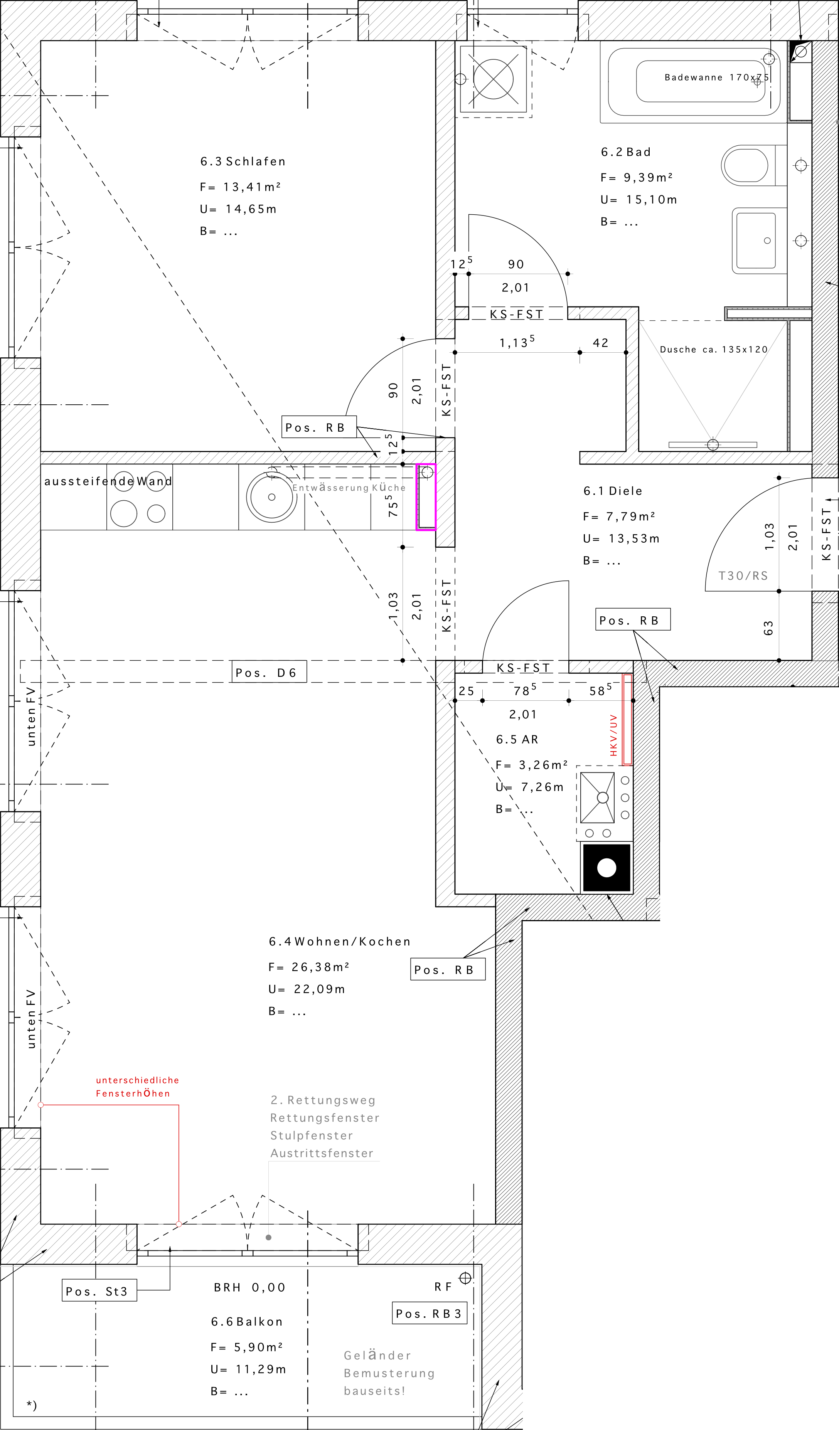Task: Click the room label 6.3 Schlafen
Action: (x=243, y=162)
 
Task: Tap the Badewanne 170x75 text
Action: (x=716, y=77)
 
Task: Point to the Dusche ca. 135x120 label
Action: (x=714, y=350)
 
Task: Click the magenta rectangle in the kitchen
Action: (x=426, y=496)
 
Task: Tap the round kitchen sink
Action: (x=271, y=497)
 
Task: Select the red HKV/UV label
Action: (x=613, y=735)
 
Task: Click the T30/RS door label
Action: (x=743, y=576)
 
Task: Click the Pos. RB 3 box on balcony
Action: (x=430, y=1313)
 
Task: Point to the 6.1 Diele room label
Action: (x=613, y=491)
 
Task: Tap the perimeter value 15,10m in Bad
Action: (x=651, y=200)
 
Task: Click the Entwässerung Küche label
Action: (x=349, y=488)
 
